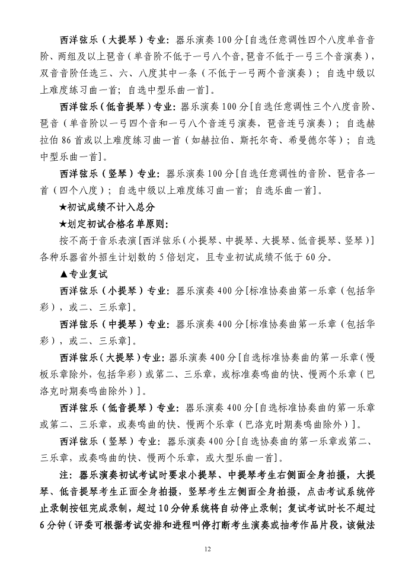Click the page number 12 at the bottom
tap(207, 549)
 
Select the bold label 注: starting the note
tap(66, 476)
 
